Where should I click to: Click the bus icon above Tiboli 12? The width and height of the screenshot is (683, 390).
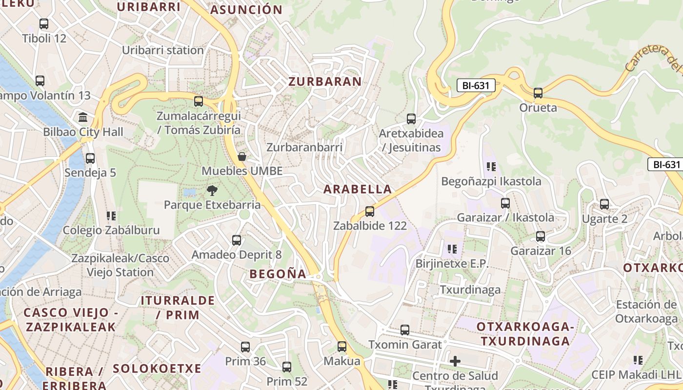[44, 23]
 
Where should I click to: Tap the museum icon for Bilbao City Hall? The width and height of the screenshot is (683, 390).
[83, 117]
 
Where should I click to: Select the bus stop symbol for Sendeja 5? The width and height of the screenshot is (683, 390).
[90, 158]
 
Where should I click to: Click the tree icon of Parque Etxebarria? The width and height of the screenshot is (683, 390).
[212, 190]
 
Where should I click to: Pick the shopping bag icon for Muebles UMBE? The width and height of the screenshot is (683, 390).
[241, 156]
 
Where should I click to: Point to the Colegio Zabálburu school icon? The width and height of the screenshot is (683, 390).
[111, 215]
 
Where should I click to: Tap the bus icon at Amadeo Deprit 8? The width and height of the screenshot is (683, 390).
[237, 240]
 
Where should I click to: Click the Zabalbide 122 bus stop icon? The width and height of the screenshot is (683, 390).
[370, 212]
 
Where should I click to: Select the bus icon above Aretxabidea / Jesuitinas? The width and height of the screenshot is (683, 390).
[411, 118]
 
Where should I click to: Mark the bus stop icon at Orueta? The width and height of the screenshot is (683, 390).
[538, 93]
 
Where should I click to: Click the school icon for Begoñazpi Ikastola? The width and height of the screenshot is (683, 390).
[491, 167]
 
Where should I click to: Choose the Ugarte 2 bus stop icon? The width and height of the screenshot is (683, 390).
[604, 204]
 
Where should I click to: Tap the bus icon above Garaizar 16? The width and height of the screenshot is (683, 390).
[541, 236]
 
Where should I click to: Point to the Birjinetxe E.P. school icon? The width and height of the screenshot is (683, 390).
[452, 249]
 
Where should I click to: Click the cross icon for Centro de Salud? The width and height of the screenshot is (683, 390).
[455, 361]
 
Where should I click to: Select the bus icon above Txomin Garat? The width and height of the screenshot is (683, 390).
[405, 330]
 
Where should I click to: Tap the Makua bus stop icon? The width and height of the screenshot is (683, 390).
[342, 347]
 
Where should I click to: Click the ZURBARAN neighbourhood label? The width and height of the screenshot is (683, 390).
[325, 81]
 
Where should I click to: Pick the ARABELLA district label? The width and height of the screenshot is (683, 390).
[358, 189]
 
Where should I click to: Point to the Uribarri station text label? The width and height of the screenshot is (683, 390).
[162, 50]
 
